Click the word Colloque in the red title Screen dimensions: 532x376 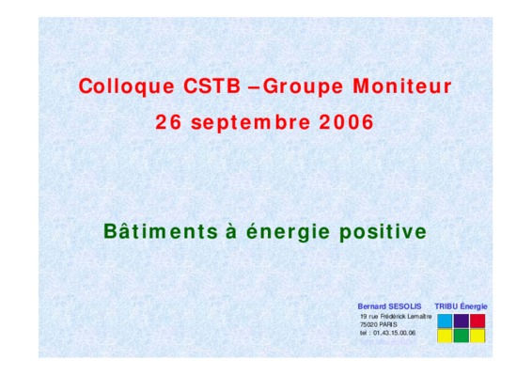coord(127,86)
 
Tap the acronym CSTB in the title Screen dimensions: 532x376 coord(212,86)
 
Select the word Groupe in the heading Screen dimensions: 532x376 coord(303,86)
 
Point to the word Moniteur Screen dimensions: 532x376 coord(402,86)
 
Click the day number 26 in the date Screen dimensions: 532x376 coord(168,122)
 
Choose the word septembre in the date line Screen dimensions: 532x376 coord(251,123)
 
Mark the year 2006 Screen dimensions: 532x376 coord(347,122)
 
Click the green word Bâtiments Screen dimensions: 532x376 coord(161,231)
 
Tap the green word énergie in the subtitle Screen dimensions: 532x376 coord(288,232)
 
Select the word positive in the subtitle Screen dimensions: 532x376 coord(383,232)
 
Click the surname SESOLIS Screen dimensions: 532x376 coord(405,306)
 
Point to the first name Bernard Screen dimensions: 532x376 coord(372,306)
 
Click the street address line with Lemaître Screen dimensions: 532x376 coord(397,316)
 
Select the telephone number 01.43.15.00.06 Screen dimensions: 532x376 coord(394,333)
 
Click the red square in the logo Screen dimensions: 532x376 coord(477,321)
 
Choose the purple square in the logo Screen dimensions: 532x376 coord(462,321)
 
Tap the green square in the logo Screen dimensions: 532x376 coord(462,336)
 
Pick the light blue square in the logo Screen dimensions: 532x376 coord(445,321)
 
